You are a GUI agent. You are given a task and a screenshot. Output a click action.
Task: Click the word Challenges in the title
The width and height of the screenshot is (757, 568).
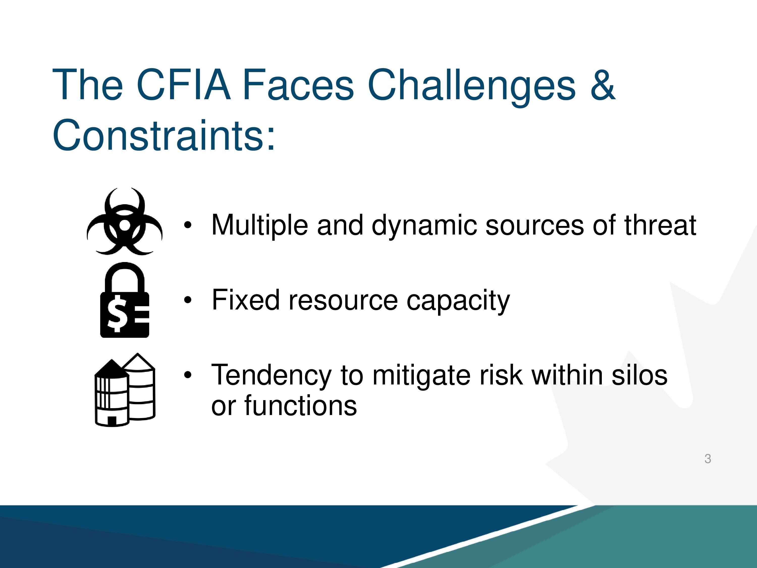click(x=471, y=87)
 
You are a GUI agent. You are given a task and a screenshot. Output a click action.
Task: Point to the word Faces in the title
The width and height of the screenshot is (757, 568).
click(x=298, y=85)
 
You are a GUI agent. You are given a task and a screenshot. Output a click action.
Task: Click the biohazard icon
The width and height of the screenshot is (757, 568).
click(x=125, y=221)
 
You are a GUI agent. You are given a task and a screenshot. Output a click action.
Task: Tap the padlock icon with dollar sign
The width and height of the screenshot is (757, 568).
click(x=125, y=300)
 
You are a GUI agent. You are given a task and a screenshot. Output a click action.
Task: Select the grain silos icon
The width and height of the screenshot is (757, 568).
click(x=125, y=390)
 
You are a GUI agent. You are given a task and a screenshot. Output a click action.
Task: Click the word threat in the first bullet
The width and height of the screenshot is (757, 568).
click(x=660, y=225)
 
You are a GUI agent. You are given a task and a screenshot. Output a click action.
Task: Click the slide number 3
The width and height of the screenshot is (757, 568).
click(x=708, y=458)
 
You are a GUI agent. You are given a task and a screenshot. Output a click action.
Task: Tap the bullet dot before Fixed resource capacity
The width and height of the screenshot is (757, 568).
click(x=187, y=300)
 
